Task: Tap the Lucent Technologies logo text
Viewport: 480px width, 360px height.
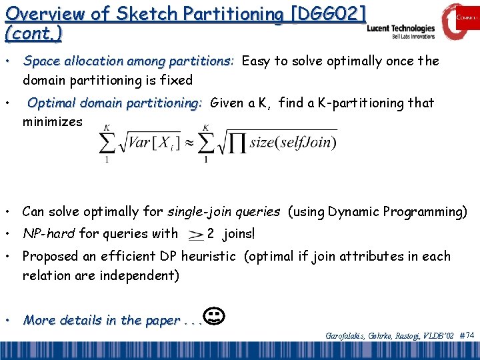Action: (x=401, y=29)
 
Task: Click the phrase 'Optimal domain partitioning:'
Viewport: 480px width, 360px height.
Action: (x=115, y=103)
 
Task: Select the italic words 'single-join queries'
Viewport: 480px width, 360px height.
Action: (x=217, y=212)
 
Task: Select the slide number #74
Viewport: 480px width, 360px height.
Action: (x=467, y=336)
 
